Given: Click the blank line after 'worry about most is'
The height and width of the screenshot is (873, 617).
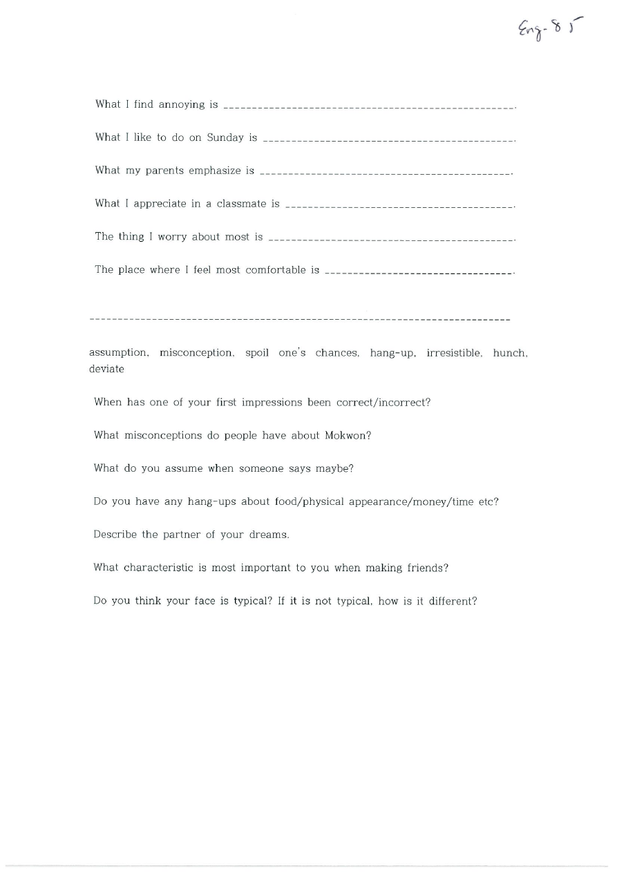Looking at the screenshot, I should point(391,240).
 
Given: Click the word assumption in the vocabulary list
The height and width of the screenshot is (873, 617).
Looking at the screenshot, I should point(119,353).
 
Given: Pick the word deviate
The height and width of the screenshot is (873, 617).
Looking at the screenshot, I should point(106,369).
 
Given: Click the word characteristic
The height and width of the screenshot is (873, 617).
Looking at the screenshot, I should point(159,568).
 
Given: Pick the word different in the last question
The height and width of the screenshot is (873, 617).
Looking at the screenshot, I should point(453,601).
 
